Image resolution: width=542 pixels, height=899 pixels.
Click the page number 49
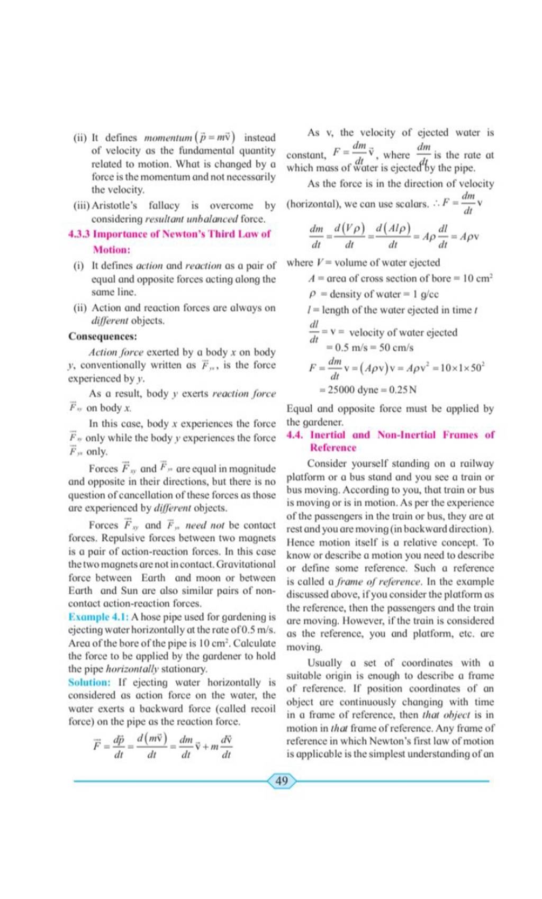click(282, 781)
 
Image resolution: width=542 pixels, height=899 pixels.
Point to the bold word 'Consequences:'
click(103, 337)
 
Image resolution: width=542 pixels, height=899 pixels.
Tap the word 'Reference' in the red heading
click(333, 448)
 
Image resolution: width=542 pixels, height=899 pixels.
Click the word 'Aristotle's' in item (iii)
click(114, 205)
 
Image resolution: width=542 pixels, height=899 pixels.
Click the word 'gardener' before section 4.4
click(325, 422)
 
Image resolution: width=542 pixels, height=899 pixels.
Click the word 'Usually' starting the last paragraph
click(324, 663)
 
